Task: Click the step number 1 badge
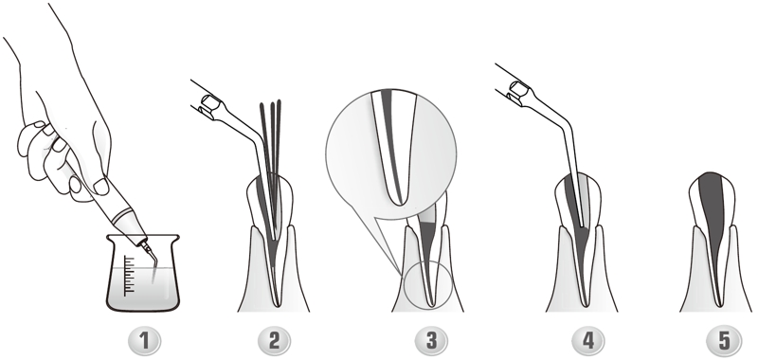click(144, 341)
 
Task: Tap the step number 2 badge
click(274, 341)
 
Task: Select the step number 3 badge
click(431, 341)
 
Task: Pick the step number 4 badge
click(588, 341)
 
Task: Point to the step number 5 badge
click(724, 341)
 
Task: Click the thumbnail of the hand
click(100, 186)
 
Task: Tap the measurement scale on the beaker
click(129, 276)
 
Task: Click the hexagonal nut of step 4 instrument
click(519, 89)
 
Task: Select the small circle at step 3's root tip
click(427, 284)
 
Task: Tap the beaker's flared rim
click(143, 237)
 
